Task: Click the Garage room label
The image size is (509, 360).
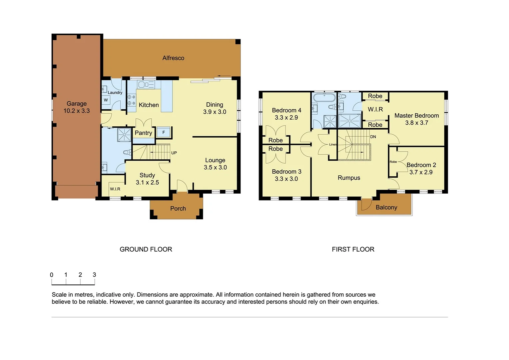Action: click(77, 104)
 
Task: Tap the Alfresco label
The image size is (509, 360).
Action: click(173, 58)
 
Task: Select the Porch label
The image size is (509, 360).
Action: click(178, 209)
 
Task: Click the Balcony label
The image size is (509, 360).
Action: click(386, 207)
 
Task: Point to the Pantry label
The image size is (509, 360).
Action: click(143, 133)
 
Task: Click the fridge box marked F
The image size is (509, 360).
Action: click(164, 132)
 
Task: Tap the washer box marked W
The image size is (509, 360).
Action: click(106, 100)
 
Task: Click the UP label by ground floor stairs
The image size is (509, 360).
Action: click(174, 153)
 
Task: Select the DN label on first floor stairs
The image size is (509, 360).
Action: click(373, 137)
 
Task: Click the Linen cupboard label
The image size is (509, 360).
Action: click(333, 144)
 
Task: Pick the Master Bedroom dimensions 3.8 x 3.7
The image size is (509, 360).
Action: click(416, 123)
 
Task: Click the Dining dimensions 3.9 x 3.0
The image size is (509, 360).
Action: click(215, 112)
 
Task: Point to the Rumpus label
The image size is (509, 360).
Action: click(349, 178)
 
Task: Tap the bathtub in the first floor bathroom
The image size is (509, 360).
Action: click(324, 98)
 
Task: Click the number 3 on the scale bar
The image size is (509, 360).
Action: click(94, 275)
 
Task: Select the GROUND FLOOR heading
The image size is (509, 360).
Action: click(146, 249)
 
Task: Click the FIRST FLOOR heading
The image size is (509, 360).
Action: click(353, 249)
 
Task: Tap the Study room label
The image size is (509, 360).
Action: click(147, 175)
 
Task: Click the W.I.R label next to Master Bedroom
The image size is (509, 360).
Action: click(375, 109)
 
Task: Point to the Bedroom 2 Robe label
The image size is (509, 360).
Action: click(393, 162)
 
